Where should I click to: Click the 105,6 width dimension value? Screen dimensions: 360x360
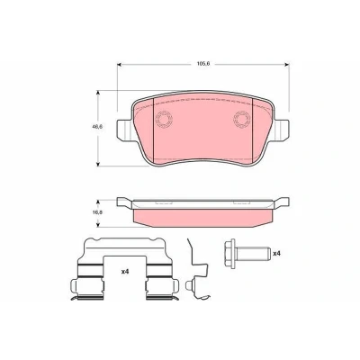click(x=203, y=64)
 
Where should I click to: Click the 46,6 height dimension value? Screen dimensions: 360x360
click(x=97, y=127)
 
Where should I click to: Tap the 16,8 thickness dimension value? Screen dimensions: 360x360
click(x=97, y=212)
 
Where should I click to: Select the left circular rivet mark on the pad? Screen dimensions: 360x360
click(x=164, y=120)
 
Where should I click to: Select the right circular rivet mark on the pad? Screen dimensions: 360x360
click(x=242, y=120)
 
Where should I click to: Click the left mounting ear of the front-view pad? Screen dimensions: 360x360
click(x=124, y=130)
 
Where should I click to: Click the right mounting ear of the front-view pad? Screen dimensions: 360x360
click(x=282, y=130)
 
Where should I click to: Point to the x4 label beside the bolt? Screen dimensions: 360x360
click(x=276, y=254)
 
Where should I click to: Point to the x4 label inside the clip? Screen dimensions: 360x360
click(x=125, y=272)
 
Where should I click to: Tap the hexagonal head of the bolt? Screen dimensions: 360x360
click(x=230, y=254)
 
